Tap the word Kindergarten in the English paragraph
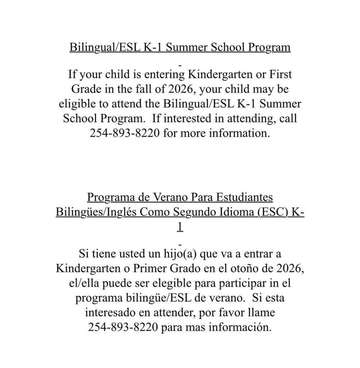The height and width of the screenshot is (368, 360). coord(223,75)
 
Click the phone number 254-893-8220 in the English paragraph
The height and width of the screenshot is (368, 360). coord(125,133)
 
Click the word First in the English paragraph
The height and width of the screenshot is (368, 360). coord(279,75)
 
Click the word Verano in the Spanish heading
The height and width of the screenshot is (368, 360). coord(170,198)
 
